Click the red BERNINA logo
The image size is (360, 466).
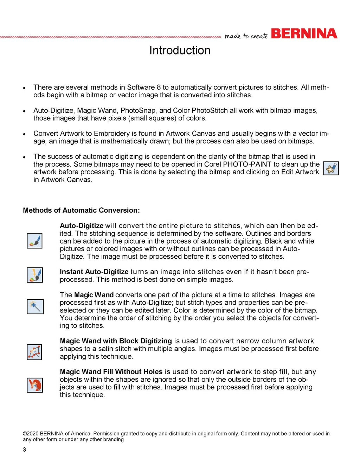click(304, 34)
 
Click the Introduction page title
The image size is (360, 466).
click(180, 50)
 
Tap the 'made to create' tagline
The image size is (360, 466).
click(246, 36)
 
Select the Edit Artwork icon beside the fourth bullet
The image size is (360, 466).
click(331, 168)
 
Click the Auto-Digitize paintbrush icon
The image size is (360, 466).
click(35, 241)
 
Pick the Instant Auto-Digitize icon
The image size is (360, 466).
click(35, 275)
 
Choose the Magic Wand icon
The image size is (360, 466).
click(35, 306)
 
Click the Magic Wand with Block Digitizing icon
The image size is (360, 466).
click(34, 352)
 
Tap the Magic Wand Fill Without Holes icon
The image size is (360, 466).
click(35, 385)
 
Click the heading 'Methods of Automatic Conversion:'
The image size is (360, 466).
click(81, 210)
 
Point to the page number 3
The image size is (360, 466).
click(24, 449)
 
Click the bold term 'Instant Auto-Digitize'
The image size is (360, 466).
click(94, 272)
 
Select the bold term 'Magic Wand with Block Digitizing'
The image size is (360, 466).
click(116, 341)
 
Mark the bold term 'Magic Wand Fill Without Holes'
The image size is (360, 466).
click(111, 372)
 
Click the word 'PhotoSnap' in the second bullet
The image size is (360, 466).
click(138, 110)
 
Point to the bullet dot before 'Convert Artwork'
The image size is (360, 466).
click(24, 134)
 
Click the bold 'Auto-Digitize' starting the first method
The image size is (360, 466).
click(82, 226)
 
